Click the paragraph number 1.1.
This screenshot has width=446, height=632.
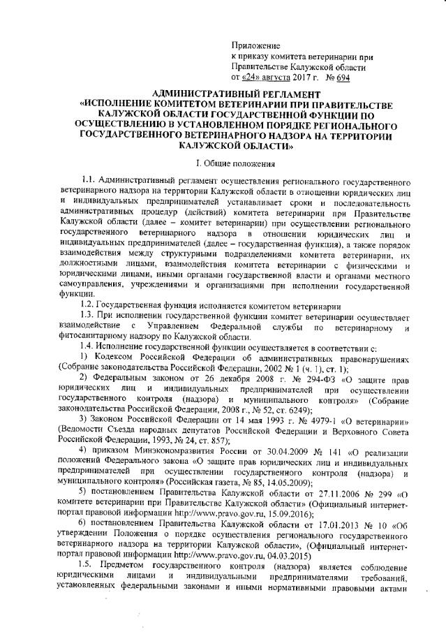[x=89, y=182]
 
